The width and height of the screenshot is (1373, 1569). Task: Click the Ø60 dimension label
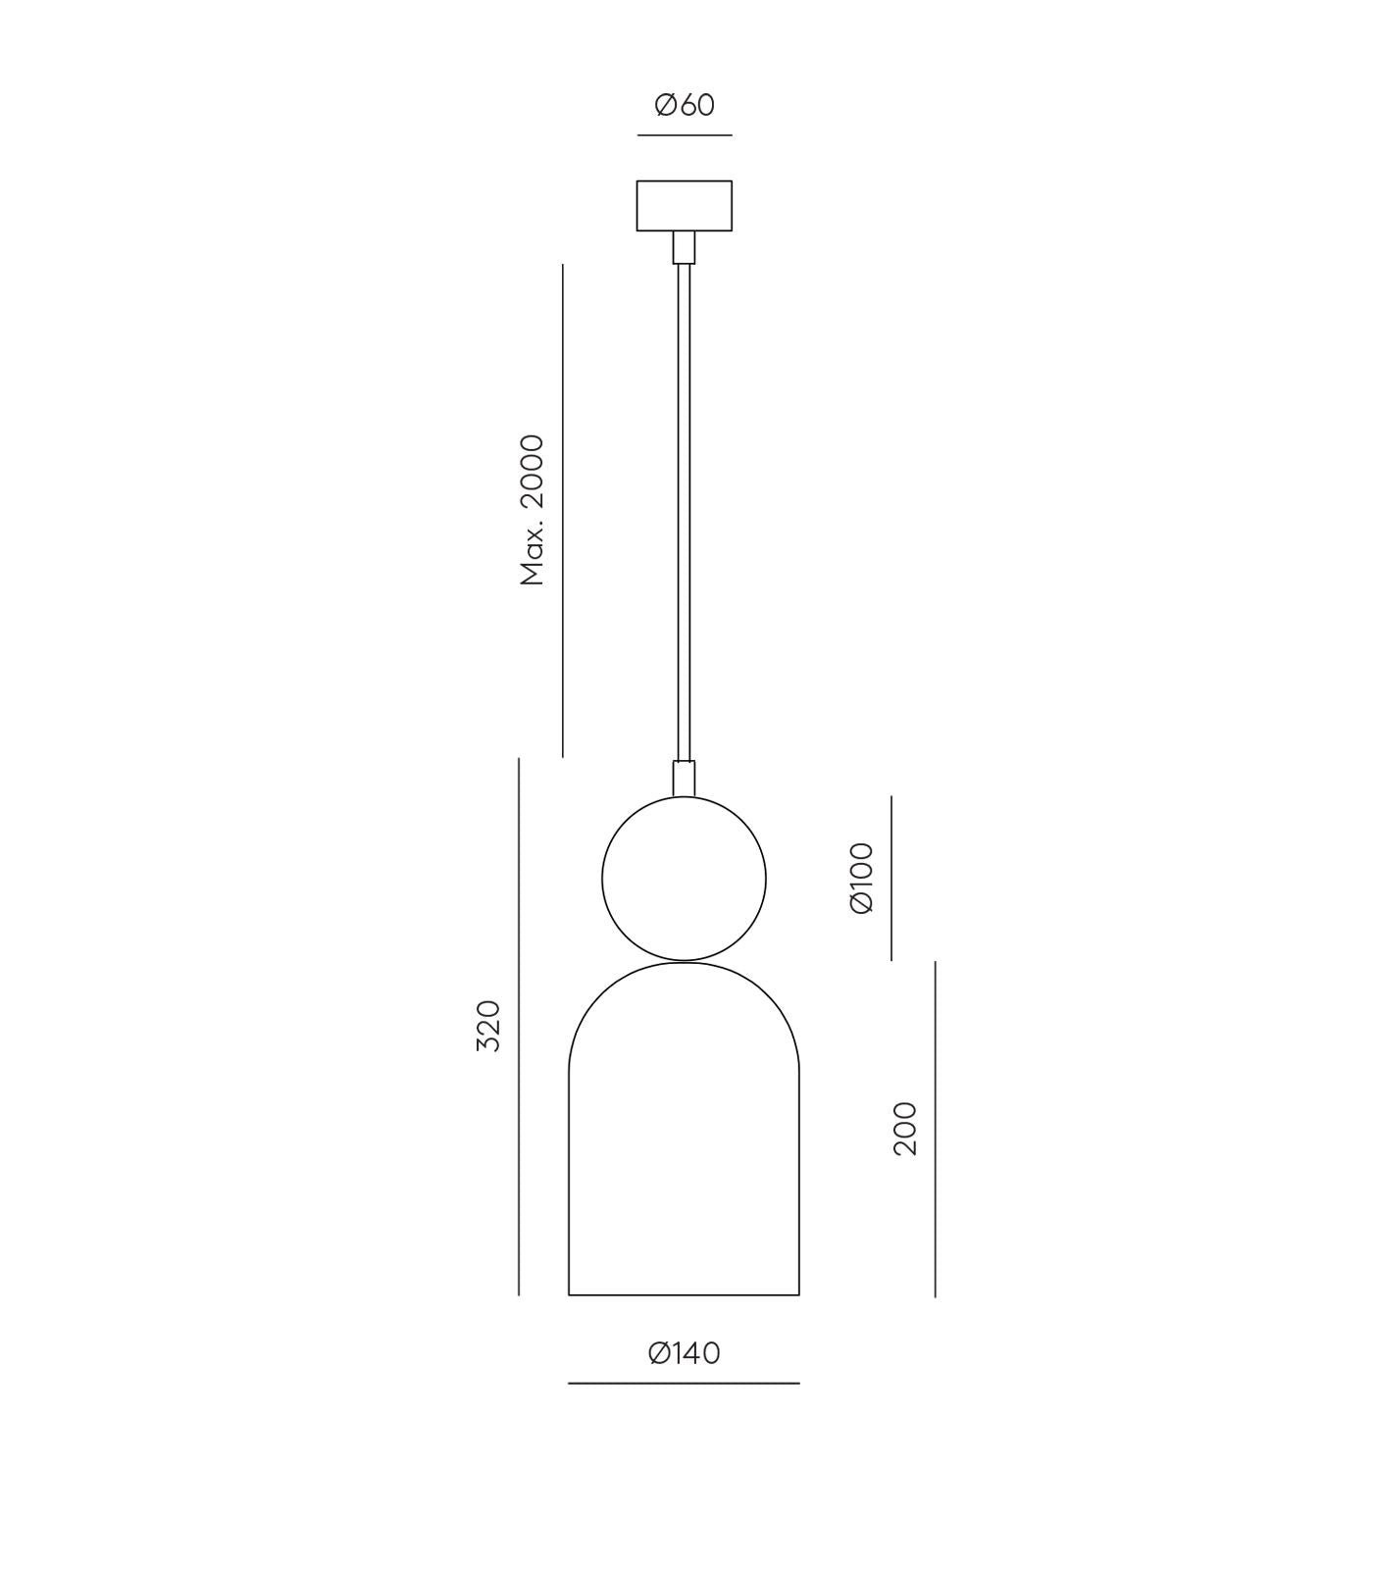tap(685, 104)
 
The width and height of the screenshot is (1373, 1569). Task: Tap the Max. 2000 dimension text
tap(533, 510)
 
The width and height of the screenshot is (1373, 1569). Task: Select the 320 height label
tap(488, 1026)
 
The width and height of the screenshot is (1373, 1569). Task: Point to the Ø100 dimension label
tap(861, 878)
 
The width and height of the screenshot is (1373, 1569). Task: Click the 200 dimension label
tap(905, 1128)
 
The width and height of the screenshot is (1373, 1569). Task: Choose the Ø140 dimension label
tap(685, 1353)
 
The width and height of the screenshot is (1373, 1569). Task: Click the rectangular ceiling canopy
tap(684, 206)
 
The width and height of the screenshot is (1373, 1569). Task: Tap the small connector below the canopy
tap(684, 247)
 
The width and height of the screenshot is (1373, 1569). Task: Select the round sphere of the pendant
tap(684, 879)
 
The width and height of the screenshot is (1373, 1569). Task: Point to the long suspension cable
tap(684, 510)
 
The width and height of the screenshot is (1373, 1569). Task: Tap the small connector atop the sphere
tap(684, 778)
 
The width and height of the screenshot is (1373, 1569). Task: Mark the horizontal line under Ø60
tap(685, 135)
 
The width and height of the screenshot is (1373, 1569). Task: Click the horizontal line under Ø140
tap(684, 1384)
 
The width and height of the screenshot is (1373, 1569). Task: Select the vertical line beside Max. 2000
tap(563, 510)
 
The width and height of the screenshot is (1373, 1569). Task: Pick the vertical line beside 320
tap(519, 1026)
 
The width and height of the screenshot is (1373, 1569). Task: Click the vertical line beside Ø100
tap(891, 878)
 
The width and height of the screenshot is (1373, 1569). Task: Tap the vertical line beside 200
tap(936, 1128)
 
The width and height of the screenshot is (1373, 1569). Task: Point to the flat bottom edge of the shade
tap(684, 1295)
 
